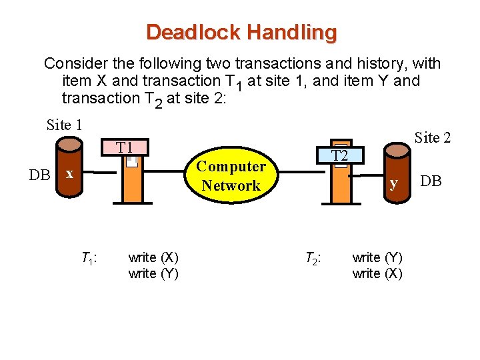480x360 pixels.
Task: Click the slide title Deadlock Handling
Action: (241, 32)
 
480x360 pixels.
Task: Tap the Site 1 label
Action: (65, 124)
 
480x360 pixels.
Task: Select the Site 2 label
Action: (433, 138)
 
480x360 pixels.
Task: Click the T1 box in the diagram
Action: (125, 147)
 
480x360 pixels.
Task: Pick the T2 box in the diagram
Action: (340, 155)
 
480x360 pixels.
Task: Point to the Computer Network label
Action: (231, 176)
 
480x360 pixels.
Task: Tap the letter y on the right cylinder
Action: (395, 182)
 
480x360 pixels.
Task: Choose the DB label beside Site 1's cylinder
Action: (39, 175)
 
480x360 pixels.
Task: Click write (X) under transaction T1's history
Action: (153, 257)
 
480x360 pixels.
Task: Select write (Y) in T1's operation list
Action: (153, 273)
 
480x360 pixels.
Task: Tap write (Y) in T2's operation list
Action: (377, 257)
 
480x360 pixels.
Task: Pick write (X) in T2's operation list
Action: (377, 273)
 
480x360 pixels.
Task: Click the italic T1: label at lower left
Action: (89, 257)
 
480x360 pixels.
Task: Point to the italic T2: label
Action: (313, 257)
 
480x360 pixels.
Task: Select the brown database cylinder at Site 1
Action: (69, 167)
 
